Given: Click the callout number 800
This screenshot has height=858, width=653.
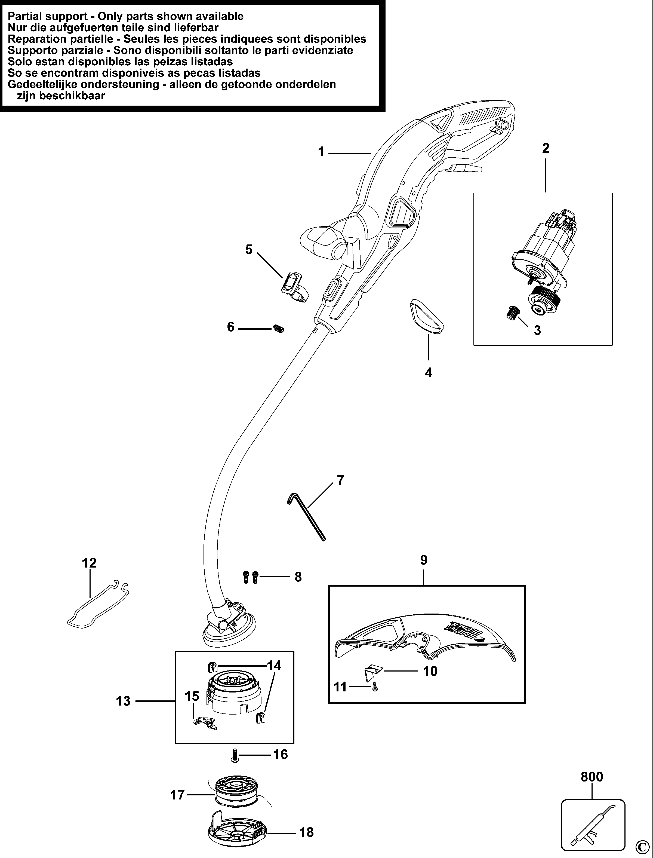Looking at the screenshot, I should [x=592, y=776].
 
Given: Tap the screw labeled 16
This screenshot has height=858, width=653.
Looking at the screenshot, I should [x=235, y=755].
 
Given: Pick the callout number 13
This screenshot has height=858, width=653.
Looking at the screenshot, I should [x=123, y=701].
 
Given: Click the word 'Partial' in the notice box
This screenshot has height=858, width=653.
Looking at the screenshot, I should [x=27, y=16].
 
